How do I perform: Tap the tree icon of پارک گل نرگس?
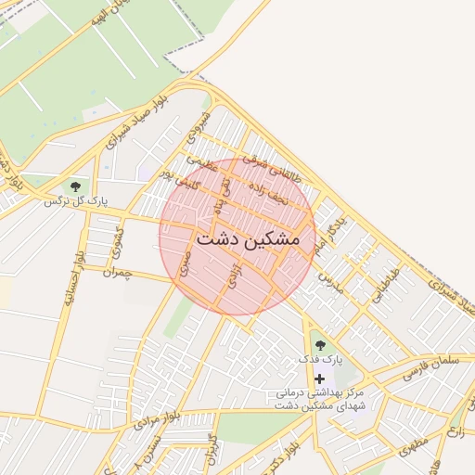(74, 186)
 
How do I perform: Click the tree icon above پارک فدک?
(320, 345)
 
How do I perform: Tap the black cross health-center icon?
(320, 379)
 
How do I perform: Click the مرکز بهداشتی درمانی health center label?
(321, 400)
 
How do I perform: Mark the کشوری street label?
(116, 241)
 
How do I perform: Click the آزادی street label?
(228, 274)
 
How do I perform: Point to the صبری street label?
(183, 263)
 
